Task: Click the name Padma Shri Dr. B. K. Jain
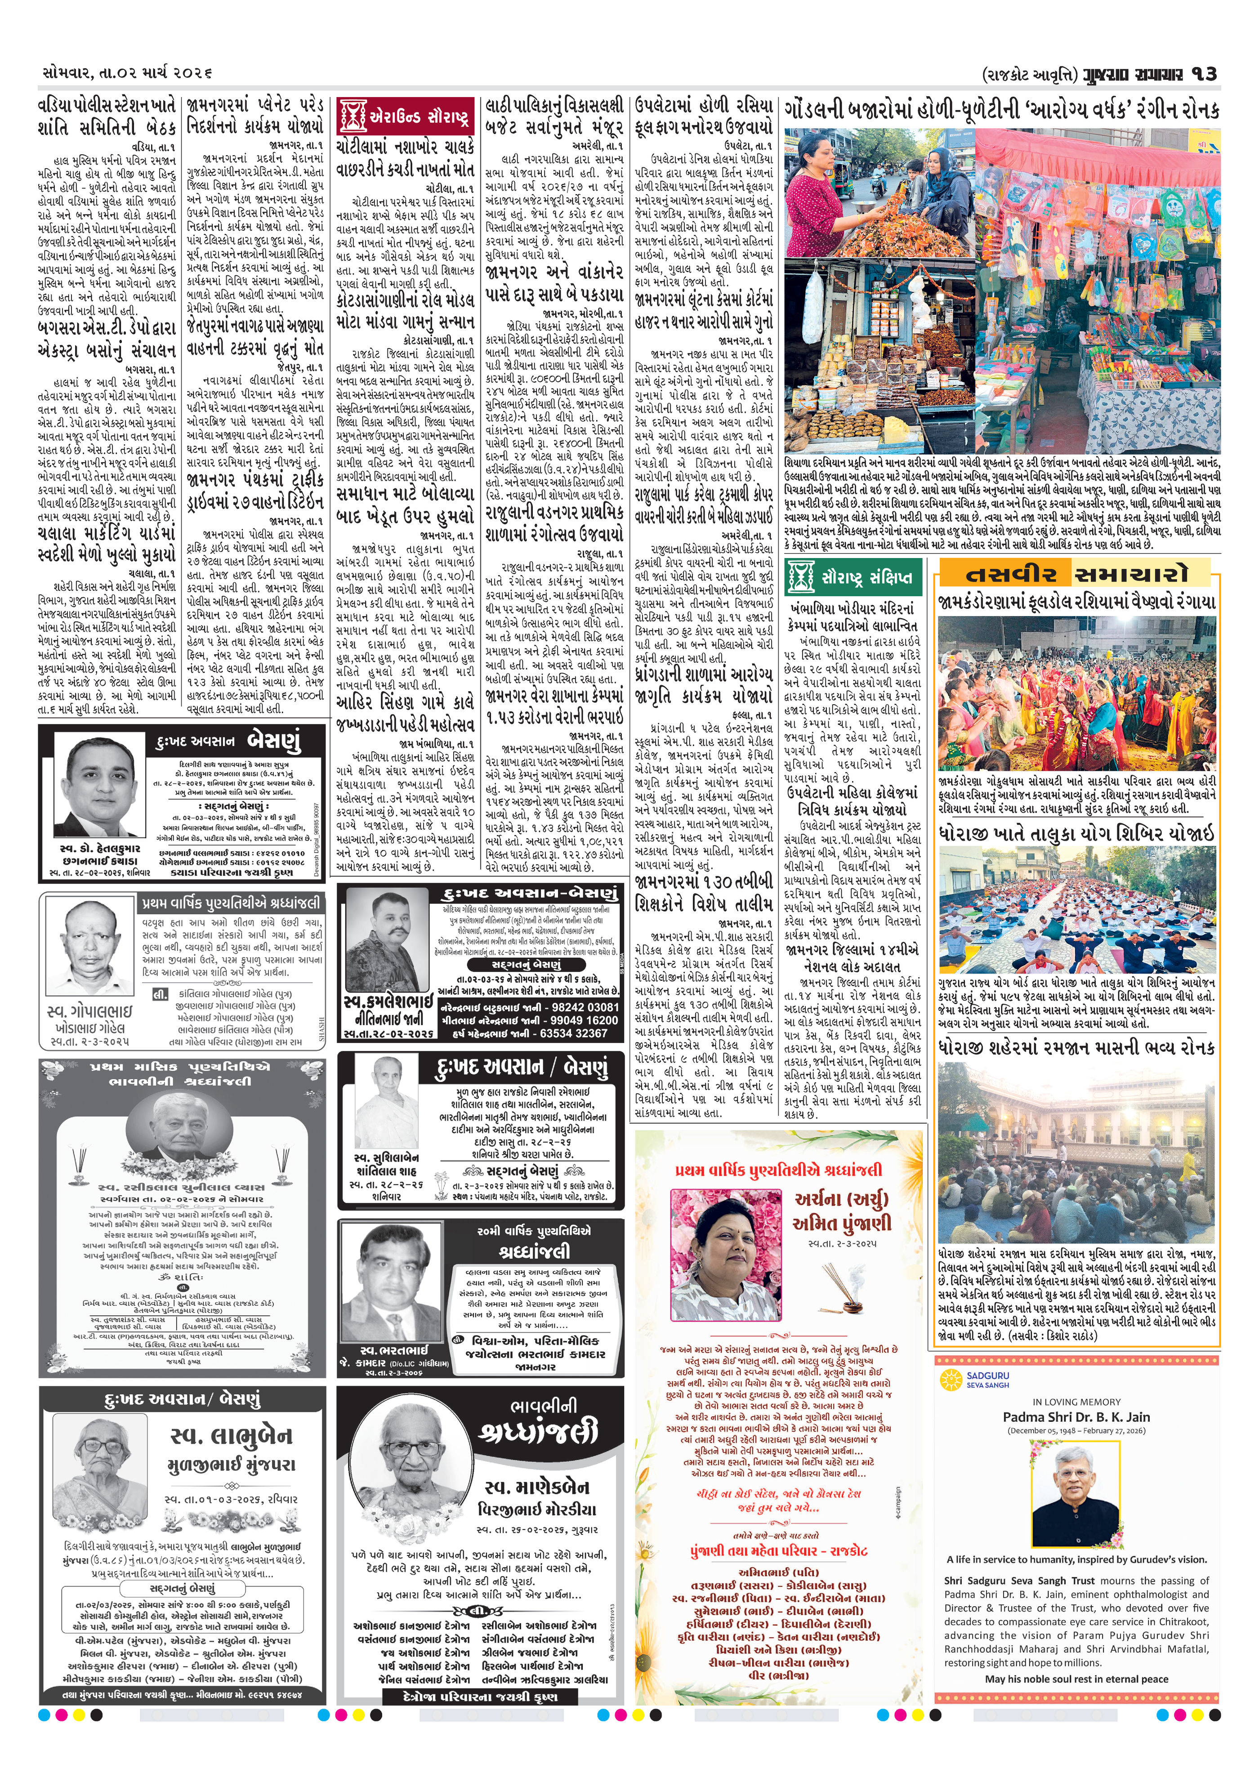click(x=1076, y=1416)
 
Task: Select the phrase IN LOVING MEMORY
click(x=1076, y=1401)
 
